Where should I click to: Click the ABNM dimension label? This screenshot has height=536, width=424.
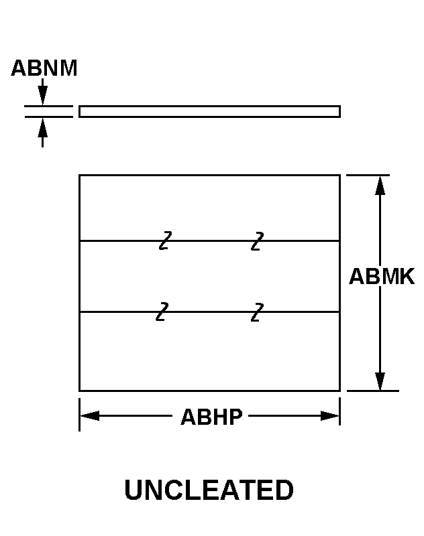[44, 68]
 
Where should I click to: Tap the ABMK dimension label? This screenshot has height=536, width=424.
[382, 277]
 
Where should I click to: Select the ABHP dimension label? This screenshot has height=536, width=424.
[211, 417]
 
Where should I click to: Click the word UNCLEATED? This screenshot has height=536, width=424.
[209, 490]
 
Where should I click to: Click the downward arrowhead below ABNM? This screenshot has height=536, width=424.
[43, 96]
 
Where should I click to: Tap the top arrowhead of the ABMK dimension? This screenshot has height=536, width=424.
[380, 185]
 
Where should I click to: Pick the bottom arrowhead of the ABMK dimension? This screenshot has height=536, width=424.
[380, 381]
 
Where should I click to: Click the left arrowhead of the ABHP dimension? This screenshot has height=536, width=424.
[90, 416]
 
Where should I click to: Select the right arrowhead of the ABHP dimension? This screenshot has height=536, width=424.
[329, 416]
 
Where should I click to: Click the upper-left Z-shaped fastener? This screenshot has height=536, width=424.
[165, 240]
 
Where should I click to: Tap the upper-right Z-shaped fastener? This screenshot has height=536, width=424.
[257, 240]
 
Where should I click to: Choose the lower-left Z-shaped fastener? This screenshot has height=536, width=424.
[162, 312]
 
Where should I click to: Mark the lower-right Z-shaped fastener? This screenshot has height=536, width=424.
[257, 312]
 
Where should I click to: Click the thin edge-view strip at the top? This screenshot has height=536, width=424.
[209, 111]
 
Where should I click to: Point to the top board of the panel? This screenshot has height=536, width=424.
[209, 208]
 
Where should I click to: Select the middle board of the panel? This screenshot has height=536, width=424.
[209, 276]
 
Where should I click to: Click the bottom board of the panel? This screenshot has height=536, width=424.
[209, 351]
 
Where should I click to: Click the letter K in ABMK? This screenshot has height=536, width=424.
[406, 277]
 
